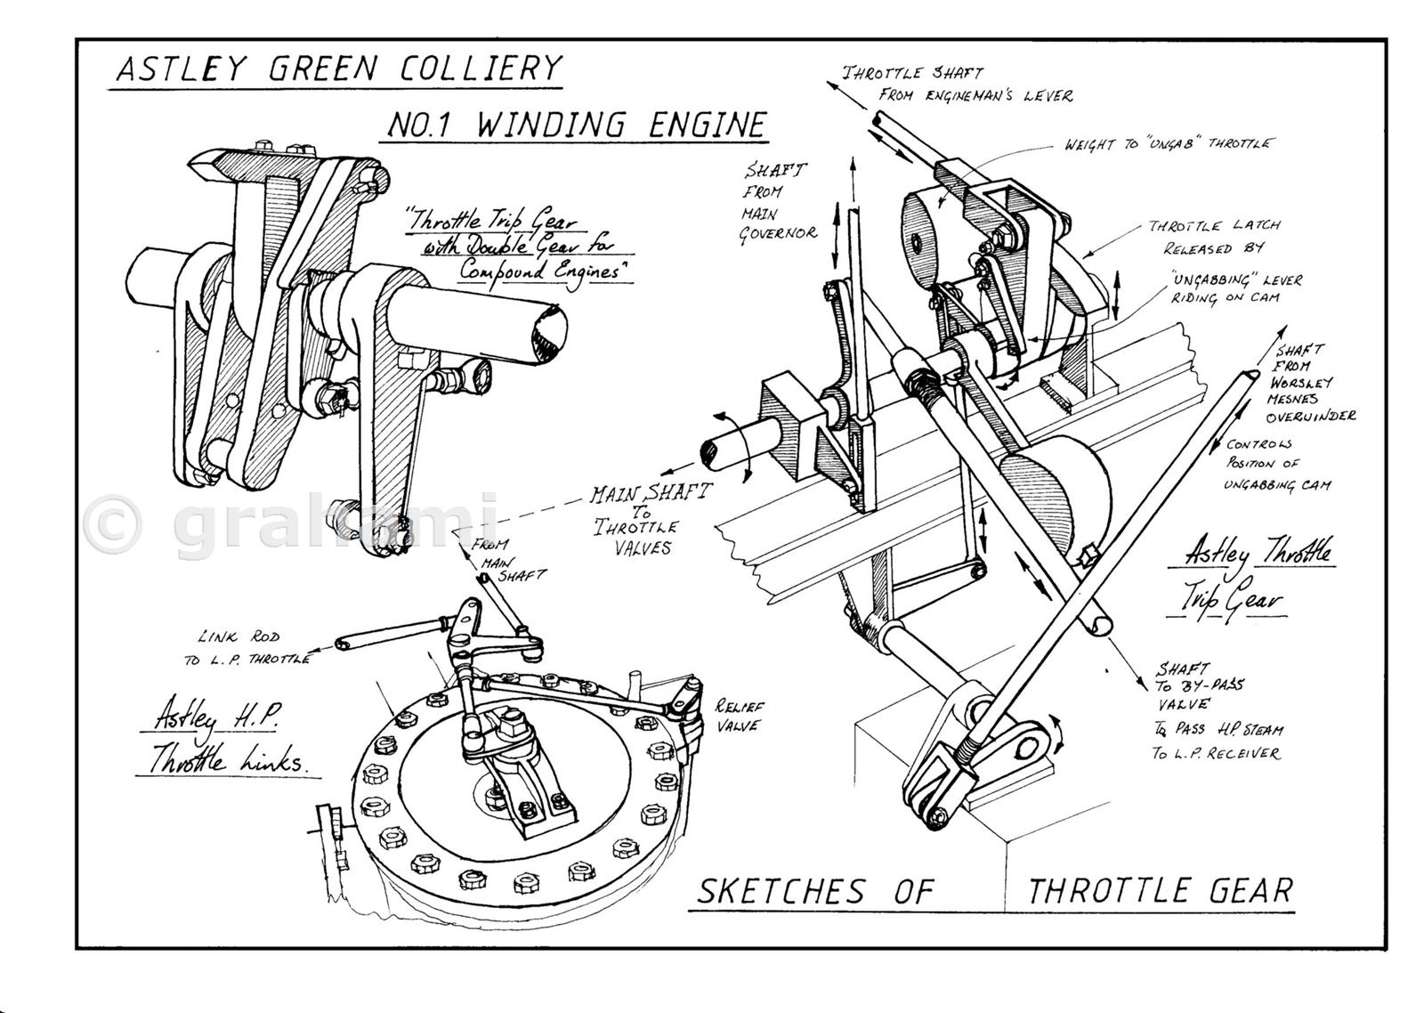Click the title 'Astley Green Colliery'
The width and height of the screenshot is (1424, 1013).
[x=339, y=69]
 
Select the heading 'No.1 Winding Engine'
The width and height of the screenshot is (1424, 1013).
[x=576, y=124]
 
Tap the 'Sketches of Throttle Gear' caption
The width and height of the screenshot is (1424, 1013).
[x=993, y=890]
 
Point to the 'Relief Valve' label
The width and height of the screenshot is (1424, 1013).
[x=740, y=716]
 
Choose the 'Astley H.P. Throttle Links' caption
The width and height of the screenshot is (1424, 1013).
[x=227, y=737]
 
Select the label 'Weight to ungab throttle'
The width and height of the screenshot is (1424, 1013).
[x=1168, y=144]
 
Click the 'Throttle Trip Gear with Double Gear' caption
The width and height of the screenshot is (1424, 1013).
[x=520, y=246]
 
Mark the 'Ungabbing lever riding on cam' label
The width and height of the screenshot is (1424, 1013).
[x=1236, y=288]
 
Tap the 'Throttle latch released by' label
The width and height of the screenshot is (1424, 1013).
[x=1212, y=236]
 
